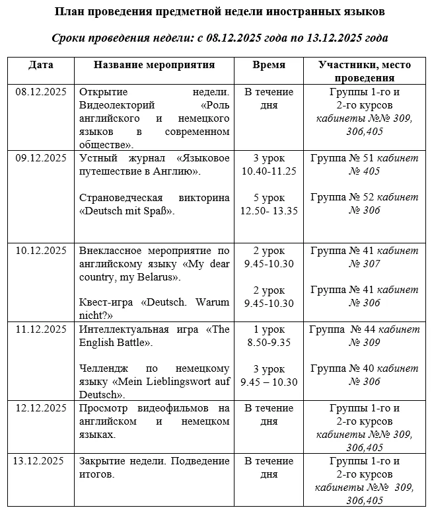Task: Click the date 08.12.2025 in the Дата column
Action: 41,92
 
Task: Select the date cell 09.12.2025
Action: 41,157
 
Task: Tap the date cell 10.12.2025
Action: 41,250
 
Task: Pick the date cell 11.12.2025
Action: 41,329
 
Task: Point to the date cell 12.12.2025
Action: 41,408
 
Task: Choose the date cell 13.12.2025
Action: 41,461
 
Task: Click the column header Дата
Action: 41,65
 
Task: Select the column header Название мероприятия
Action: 154,65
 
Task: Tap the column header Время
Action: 269,65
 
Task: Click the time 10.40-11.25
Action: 269,171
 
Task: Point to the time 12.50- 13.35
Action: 269,210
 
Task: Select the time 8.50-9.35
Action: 269,343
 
